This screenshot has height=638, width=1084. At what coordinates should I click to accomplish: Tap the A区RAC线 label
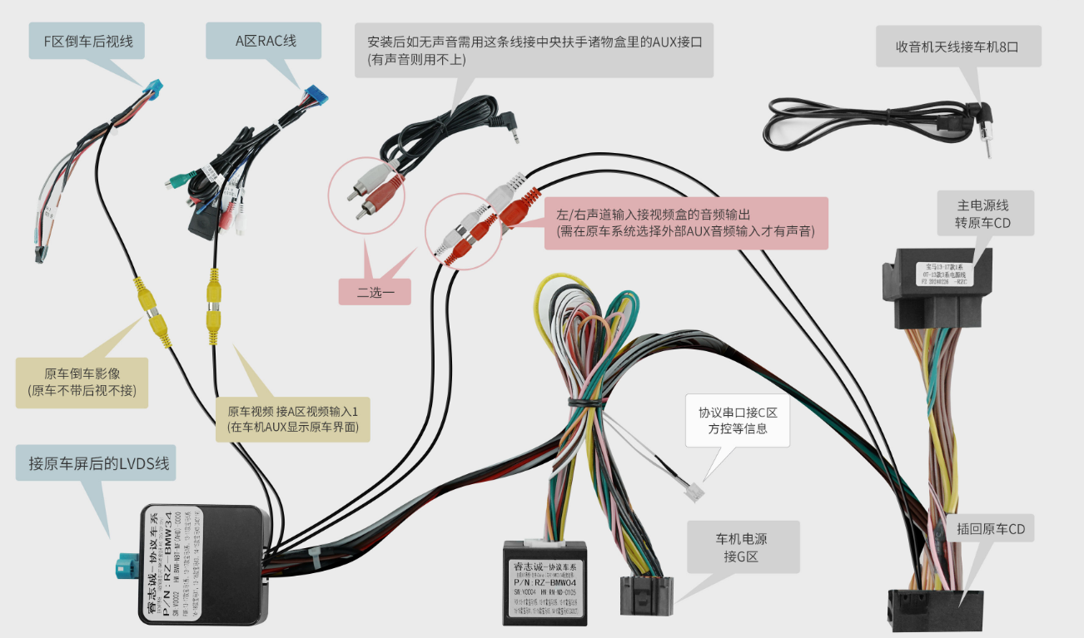click(x=266, y=40)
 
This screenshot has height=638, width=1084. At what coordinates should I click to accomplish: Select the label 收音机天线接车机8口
click(x=957, y=47)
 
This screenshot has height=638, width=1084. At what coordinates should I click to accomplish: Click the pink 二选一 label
click(x=374, y=291)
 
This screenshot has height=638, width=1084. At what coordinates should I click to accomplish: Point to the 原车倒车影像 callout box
click(x=82, y=382)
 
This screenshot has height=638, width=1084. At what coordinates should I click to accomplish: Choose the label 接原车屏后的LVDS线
click(x=98, y=463)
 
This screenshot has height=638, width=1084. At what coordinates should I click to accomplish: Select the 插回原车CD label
click(x=990, y=528)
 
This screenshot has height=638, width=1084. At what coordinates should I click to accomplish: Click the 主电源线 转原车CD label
click(x=982, y=213)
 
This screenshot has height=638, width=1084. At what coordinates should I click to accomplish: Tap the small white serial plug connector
click(x=694, y=492)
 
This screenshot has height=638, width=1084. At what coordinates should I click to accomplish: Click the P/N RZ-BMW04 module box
click(x=545, y=582)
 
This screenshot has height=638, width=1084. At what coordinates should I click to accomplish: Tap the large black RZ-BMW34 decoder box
click(x=204, y=564)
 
